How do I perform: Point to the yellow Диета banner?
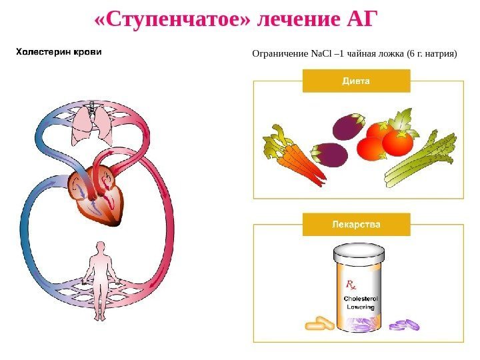356,81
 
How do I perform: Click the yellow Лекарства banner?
356,225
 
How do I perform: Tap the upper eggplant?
349,126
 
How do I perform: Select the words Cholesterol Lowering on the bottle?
361,304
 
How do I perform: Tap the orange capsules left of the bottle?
320,324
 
